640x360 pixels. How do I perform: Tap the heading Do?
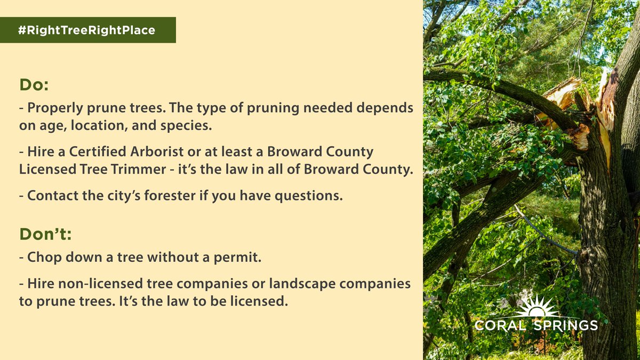tap(35, 85)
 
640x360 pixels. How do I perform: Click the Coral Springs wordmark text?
tap(536, 325)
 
